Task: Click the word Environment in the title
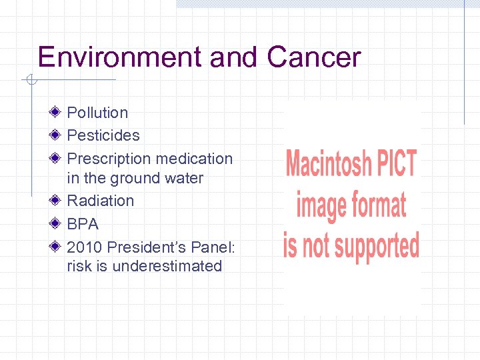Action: click(121, 57)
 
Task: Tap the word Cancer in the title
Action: click(313, 57)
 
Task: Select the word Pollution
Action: click(97, 113)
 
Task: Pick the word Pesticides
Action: click(103, 135)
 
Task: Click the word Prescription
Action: click(107, 159)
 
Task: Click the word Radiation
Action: click(101, 201)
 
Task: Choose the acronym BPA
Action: click(83, 224)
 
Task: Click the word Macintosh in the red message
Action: click(325, 164)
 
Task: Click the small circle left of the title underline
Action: click(29, 81)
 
